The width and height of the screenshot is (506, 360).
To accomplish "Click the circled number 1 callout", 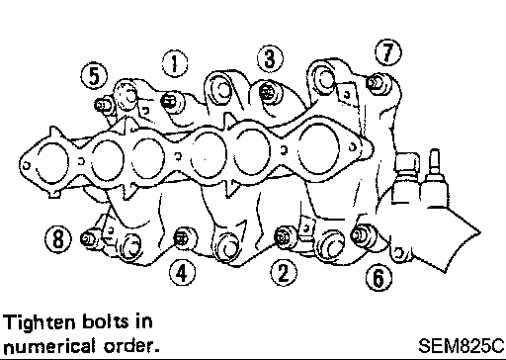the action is (175, 63).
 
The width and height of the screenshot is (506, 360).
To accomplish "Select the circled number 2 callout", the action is (284, 273).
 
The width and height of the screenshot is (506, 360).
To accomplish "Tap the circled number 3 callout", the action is (270, 58).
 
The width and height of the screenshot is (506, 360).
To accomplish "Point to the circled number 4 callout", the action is (182, 273).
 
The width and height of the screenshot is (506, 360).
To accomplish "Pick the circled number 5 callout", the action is (94, 75).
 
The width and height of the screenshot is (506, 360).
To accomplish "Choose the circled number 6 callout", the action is (379, 277).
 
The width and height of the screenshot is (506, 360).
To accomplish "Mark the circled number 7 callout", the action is (388, 52).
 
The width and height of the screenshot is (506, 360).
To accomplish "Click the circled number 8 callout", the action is (58, 238).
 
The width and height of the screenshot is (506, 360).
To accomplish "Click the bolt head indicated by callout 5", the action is (102, 106).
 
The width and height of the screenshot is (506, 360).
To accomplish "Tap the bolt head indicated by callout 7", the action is (375, 83).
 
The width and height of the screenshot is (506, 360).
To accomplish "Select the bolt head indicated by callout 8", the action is (89, 238).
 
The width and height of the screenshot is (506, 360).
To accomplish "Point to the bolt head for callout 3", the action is (267, 92).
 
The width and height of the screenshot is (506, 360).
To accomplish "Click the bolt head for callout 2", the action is (283, 236).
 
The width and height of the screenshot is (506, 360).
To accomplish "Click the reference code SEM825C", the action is (462, 346).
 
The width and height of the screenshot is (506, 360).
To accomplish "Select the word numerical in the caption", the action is (48, 346).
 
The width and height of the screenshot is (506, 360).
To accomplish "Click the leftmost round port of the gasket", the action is (52, 163).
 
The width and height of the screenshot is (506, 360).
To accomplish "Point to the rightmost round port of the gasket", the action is (318, 149).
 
